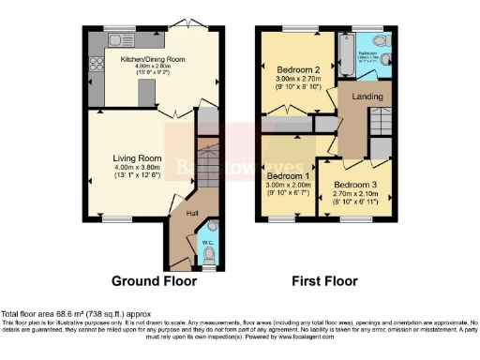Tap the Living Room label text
(x=138, y=158)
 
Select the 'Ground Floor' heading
(x=154, y=280)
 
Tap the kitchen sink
(x=119, y=39)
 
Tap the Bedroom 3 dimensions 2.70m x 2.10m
(x=356, y=194)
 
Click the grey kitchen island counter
(x=145, y=92)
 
